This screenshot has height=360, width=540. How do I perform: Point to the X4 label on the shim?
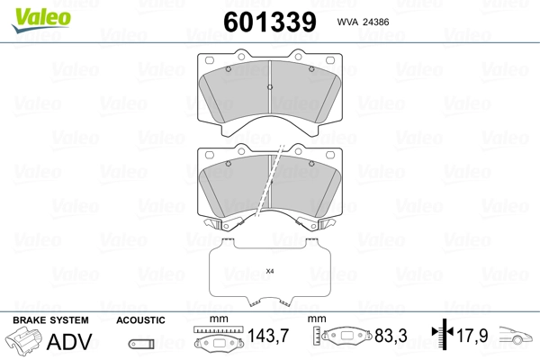click(x=269, y=271)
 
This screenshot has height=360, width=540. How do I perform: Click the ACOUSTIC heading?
click(x=140, y=320)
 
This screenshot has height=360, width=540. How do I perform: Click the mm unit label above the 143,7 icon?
click(x=216, y=320)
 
